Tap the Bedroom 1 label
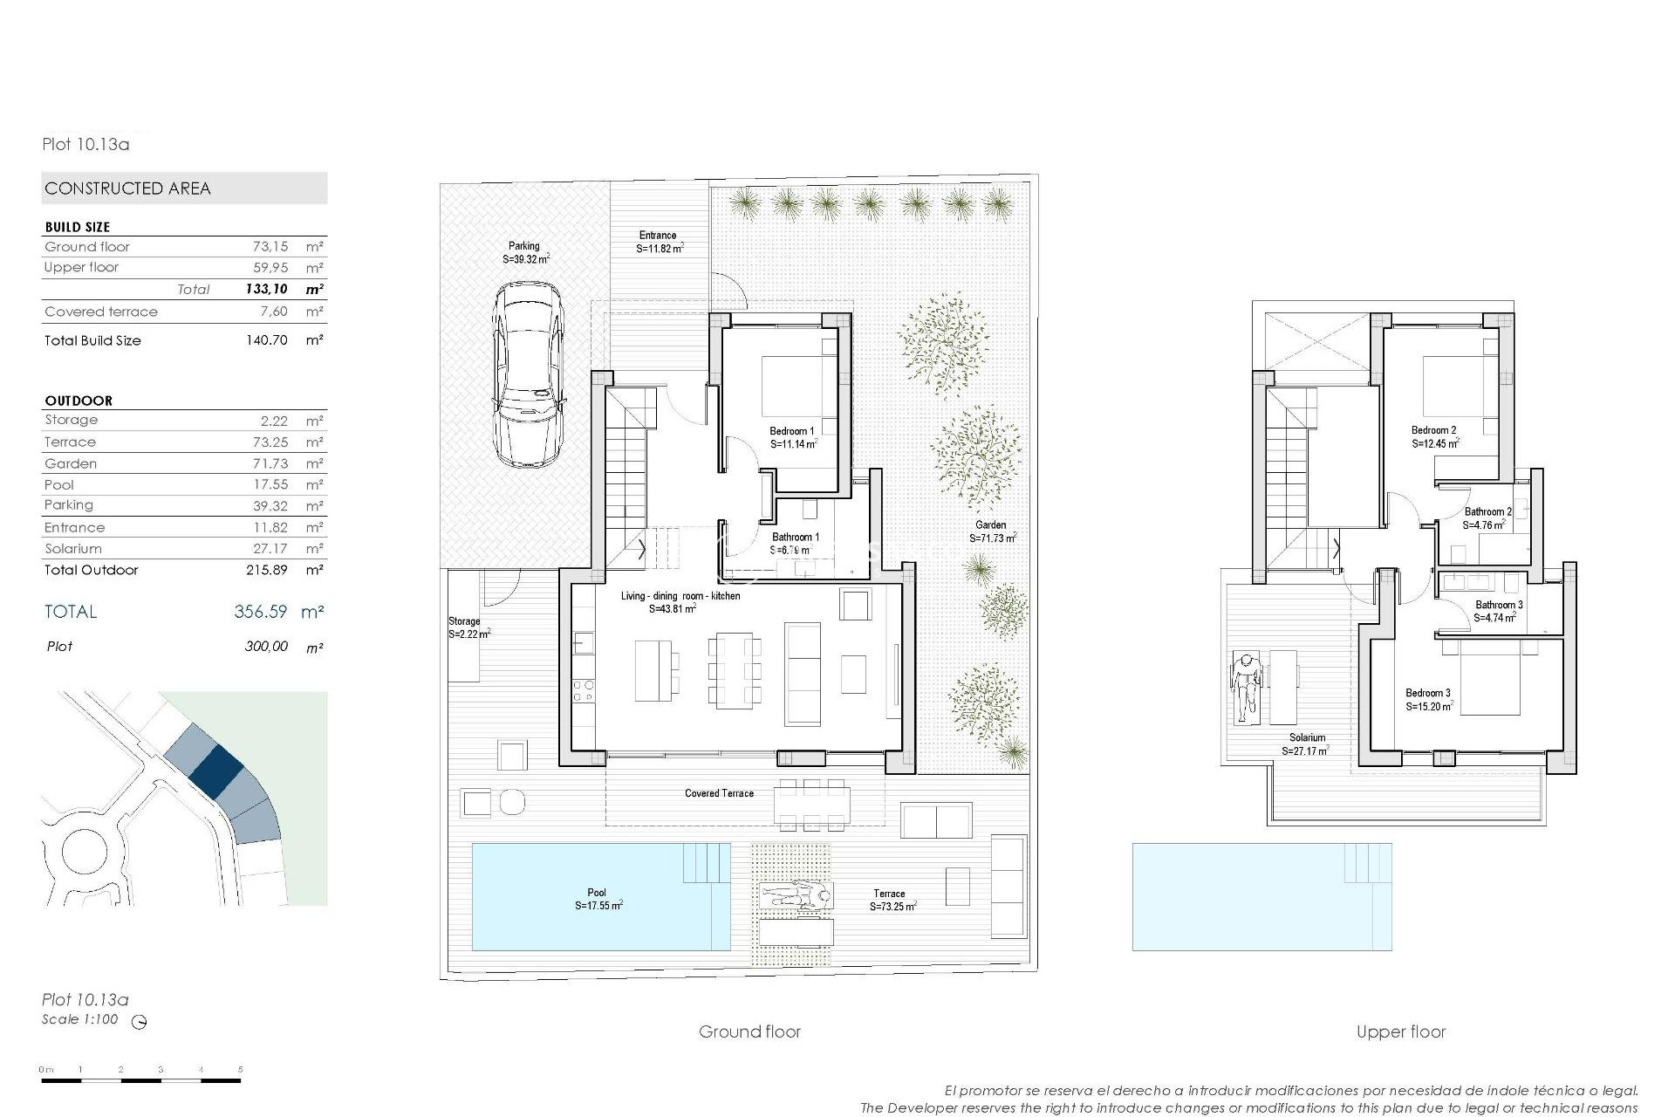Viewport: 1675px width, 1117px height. click(792, 431)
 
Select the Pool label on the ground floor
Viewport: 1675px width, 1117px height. click(597, 893)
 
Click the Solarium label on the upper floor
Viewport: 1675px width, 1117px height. click(1307, 737)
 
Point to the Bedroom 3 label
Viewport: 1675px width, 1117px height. click(1428, 694)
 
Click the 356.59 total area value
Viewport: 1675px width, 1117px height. click(260, 612)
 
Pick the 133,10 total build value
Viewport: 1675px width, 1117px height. click(266, 290)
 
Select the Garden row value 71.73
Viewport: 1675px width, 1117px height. click(268, 463)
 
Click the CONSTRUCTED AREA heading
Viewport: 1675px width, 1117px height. click(127, 188)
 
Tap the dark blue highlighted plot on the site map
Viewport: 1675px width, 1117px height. click(215, 767)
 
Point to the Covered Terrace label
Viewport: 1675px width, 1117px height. click(719, 793)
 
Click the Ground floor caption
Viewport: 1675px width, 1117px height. click(749, 1032)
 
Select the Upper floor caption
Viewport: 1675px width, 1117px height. click(1401, 1032)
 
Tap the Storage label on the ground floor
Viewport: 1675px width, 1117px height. click(464, 621)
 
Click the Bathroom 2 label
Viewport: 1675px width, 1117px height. click(1487, 512)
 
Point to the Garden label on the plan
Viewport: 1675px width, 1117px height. click(991, 525)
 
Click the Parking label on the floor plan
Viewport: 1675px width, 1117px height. click(524, 246)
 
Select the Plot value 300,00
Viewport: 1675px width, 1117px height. click(266, 647)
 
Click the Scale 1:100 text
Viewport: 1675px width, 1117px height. click(79, 1019)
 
